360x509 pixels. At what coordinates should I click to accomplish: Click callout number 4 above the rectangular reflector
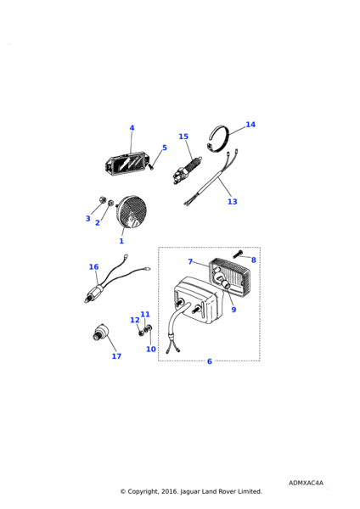coord(132,128)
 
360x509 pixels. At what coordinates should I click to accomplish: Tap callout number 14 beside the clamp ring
coord(250,125)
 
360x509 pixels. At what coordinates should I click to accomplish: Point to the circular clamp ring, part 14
coord(218,139)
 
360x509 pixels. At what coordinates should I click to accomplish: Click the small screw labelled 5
coord(151,167)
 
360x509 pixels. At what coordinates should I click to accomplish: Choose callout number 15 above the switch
coord(183,137)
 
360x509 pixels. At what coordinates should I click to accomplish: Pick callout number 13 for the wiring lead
coord(233,202)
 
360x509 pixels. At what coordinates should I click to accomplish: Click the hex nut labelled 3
coord(103,199)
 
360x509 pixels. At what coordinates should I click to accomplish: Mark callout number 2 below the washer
coord(98,222)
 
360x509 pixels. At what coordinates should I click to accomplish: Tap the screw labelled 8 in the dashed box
coord(238,255)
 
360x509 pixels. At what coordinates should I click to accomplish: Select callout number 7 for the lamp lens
coord(190,261)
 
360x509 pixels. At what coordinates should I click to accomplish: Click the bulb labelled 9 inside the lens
coord(223,282)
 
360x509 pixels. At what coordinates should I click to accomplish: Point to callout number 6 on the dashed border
coord(210,361)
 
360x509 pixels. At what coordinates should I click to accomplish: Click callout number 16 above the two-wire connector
coord(93,267)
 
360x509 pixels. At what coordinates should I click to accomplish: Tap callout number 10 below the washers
coord(151,349)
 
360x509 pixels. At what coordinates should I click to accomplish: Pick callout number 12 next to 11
coord(135,320)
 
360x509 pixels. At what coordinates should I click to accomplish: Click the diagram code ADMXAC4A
coord(306,483)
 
